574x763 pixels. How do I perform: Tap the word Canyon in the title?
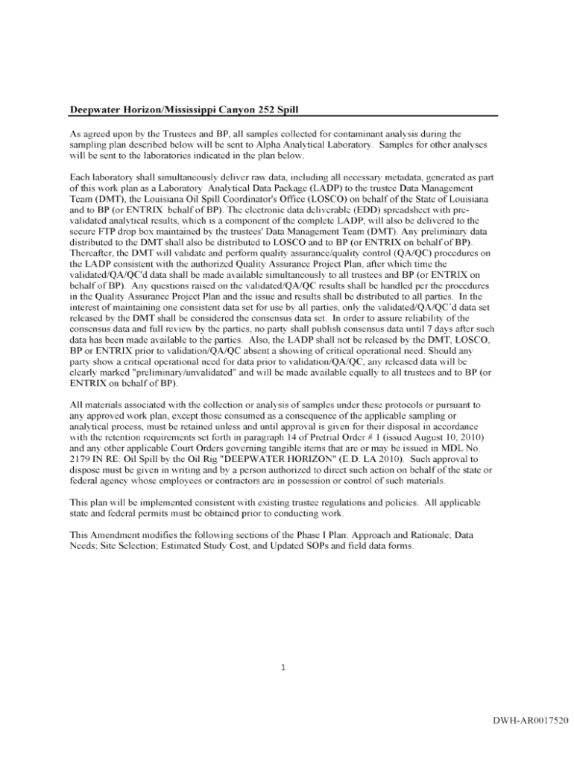click(x=221, y=110)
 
